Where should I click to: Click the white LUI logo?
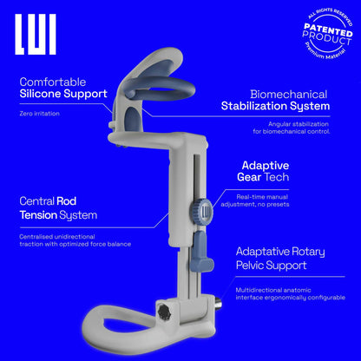tap(36, 35)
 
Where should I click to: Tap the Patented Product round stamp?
tap(328, 34)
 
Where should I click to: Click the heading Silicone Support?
tap(63, 95)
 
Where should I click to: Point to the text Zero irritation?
tap(39, 114)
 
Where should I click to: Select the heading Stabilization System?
tap(275, 107)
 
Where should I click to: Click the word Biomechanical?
tap(289, 95)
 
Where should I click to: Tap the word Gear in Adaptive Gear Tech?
tap(249, 177)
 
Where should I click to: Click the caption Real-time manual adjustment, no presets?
tap(255, 200)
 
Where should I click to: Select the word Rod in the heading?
tap(66, 201)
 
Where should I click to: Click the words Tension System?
tap(58, 215)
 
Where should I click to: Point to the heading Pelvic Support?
tap(271, 266)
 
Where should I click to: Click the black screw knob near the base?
tap(165, 312)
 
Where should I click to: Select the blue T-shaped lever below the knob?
tap(201, 251)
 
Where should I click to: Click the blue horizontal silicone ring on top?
tap(159, 87)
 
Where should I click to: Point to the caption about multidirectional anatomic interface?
tap(291, 294)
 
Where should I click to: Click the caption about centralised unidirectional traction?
tap(75, 240)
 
